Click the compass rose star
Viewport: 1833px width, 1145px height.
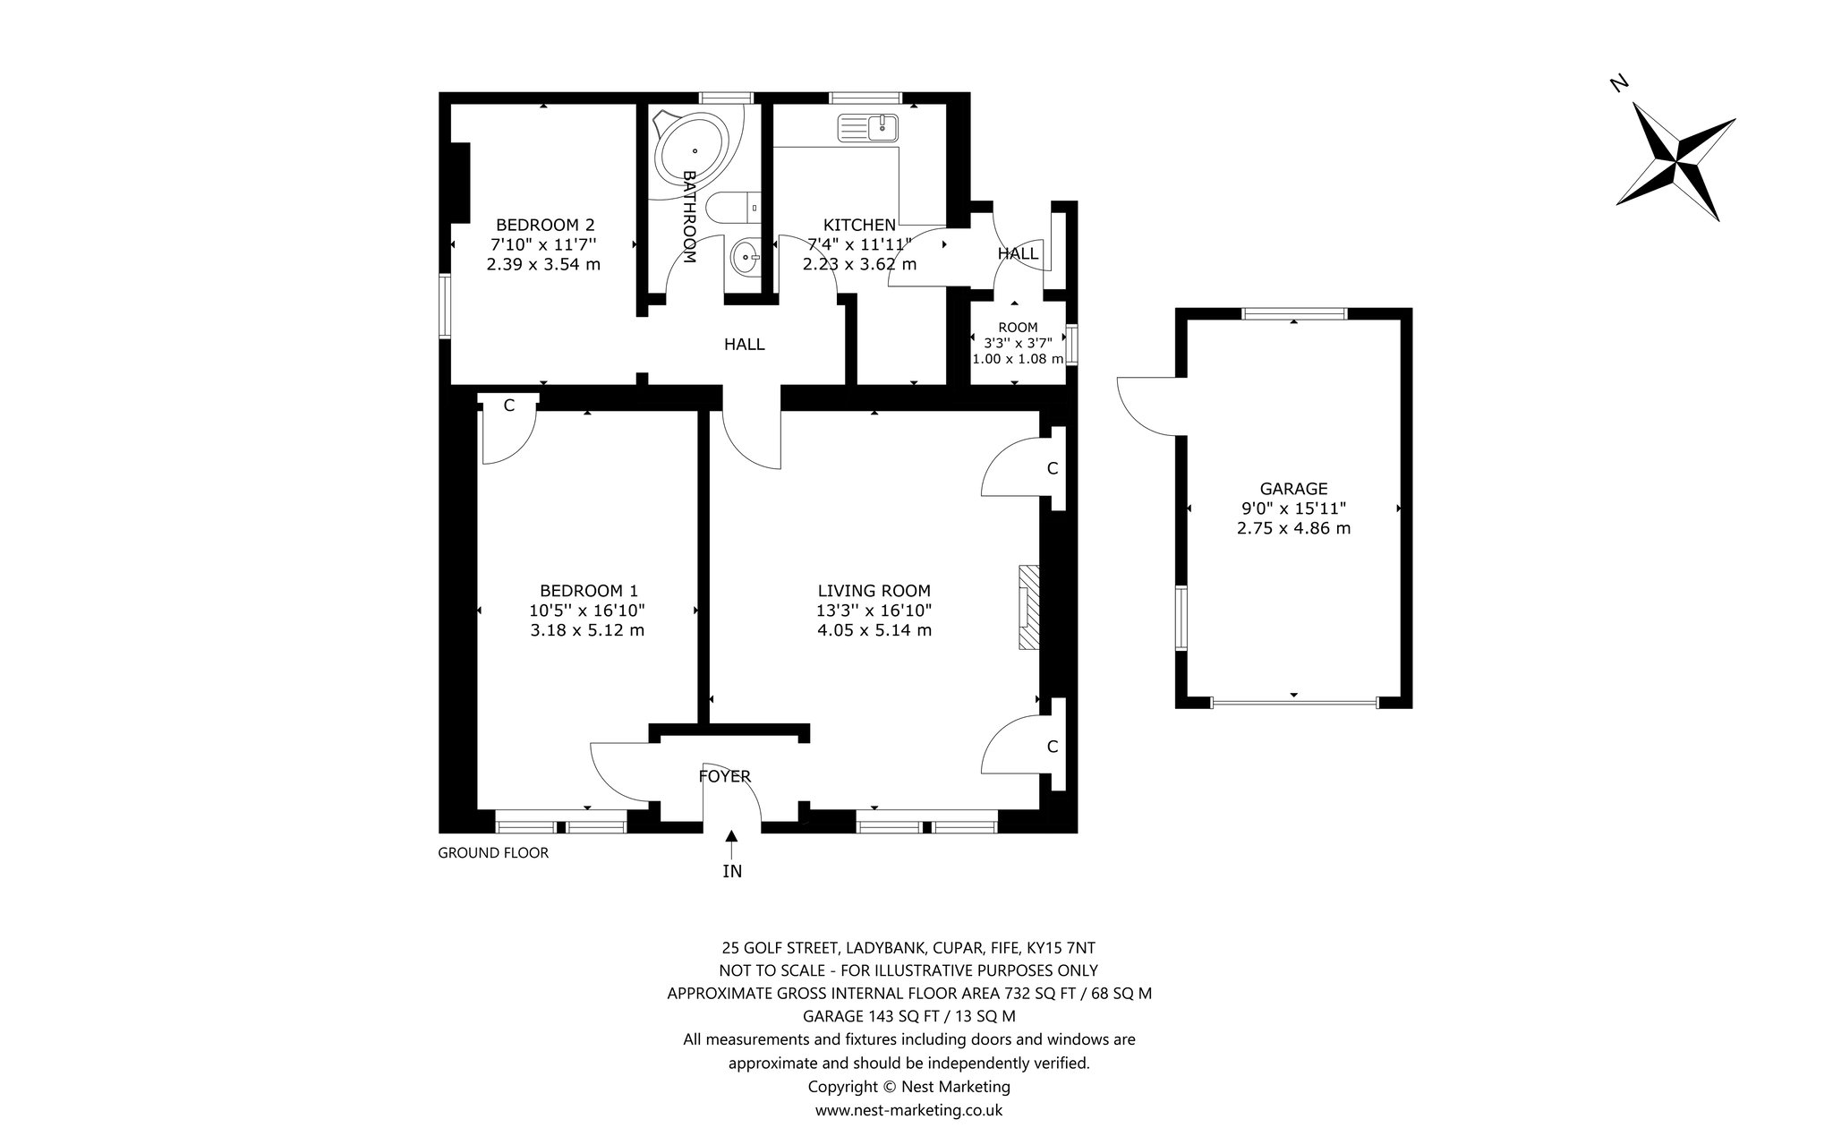tap(1675, 162)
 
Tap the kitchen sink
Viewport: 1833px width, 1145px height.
tap(867, 129)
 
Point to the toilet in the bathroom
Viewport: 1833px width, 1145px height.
tap(732, 208)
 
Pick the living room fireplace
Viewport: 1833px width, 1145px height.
tap(1028, 607)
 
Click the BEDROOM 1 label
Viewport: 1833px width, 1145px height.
tap(589, 591)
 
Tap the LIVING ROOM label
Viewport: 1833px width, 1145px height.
tap(874, 591)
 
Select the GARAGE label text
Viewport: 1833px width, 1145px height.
tap(1293, 489)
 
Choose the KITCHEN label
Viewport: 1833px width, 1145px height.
tap(859, 225)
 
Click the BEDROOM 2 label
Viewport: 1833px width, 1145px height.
tap(545, 225)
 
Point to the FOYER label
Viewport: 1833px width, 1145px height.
tap(725, 776)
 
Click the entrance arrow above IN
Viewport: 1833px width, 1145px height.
tap(732, 844)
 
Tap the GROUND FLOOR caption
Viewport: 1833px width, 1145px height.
tap(493, 853)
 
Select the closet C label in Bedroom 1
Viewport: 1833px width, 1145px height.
tap(509, 406)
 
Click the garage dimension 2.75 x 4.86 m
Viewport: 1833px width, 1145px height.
tap(1293, 528)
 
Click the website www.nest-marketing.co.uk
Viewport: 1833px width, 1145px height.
tap(908, 1110)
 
